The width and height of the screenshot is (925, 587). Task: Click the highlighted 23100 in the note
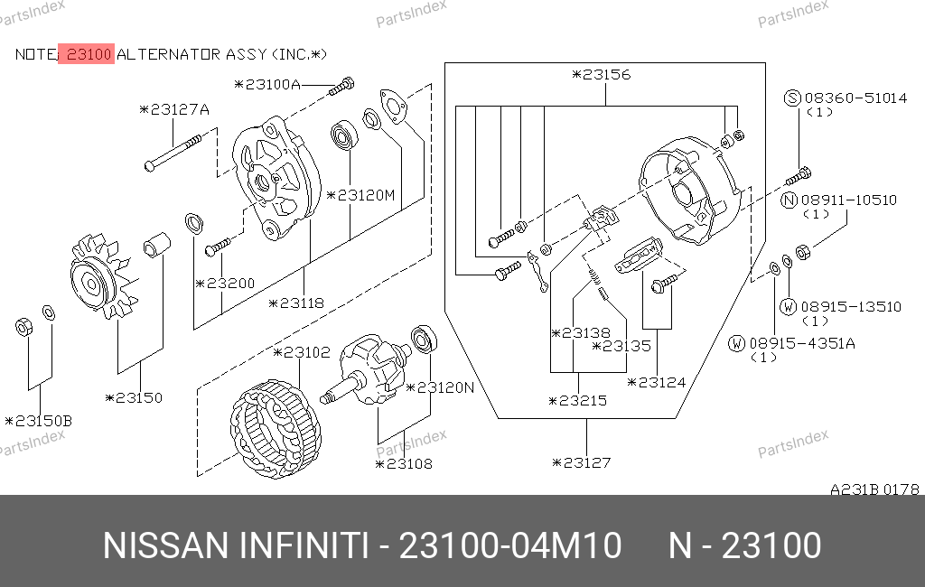[x=87, y=54]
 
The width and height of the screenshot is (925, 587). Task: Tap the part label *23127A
[x=174, y=110]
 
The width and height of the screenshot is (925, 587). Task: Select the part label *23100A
[x=267, y=84]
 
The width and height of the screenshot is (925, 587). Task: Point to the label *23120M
[x=360, y=195]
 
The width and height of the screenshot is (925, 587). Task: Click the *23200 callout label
[x=225, y=284]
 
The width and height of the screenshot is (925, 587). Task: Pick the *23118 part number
[x=296, y=303]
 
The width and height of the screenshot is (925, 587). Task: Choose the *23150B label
[x=38, y=421]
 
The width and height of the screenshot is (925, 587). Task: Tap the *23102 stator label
[x=302, y=353]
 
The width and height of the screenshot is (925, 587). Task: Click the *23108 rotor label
[x=404, y=464]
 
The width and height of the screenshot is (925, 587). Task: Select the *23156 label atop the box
[x=602, y=75]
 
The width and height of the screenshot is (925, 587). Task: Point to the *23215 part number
[x=577, y=401]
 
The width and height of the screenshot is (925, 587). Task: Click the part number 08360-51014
[x=856, y=98]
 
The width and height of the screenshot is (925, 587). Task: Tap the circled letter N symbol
[x=790, y=200]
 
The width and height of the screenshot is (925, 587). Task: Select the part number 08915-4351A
[x=802, y=343]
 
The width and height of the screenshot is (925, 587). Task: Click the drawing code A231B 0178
[x=874, y=489]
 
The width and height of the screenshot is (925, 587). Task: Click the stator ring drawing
[x=276, y=428]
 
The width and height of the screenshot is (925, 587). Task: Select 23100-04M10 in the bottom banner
[x=510, y=545]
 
